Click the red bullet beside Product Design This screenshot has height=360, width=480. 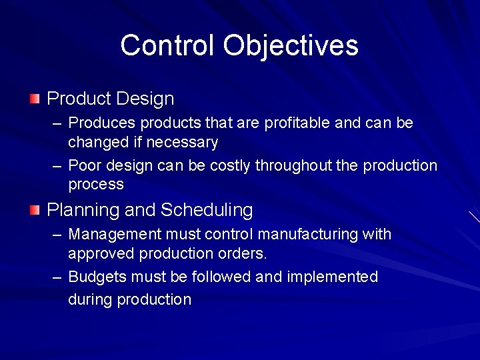pos(35,99)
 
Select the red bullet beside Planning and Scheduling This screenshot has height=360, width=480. pos(35,211)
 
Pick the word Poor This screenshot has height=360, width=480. pos(84,165)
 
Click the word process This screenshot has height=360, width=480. pos(96,185)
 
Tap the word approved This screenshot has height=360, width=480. pos(101,254)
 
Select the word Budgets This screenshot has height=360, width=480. pos(97,277)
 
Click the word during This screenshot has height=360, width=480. pos(90,299)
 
